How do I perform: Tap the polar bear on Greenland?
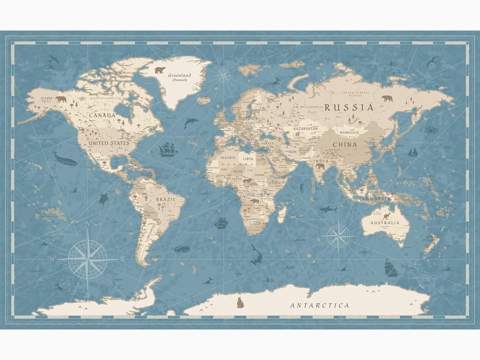[x=159, y=70]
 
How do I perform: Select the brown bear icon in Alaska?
[x=60, y=99]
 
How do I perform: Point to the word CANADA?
[x=102, y=115]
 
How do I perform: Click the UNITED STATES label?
[x=108, y=143]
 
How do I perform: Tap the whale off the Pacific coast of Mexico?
[x=65, y=159]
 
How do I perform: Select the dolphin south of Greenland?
[x=190, y=122]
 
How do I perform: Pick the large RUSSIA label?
[x=348, y=107]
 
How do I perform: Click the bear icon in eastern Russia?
[x=387, y=98]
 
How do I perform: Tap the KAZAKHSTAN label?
[x=305, y=128]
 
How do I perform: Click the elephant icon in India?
[x=319, y=166]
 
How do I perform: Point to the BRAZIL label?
[x=165, y=199]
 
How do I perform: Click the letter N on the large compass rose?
[x=87, y=224]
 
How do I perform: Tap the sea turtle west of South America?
[x=103, y=199]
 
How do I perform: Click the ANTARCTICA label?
[x=320, y=305]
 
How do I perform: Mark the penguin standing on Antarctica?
[x=240, y=302]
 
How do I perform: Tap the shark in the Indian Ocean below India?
[x=328, y=209]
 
